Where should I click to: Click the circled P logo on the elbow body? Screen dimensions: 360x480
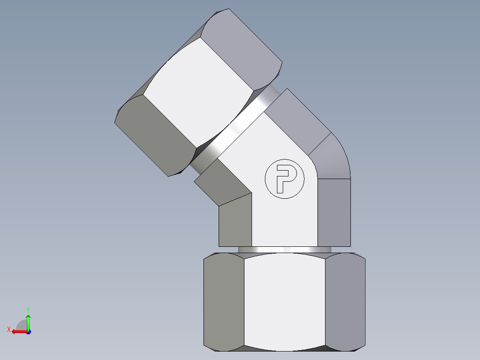click(284, 179)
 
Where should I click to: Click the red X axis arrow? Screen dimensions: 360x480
click(18, 331)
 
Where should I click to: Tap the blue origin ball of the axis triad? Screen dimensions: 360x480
click(28, 331)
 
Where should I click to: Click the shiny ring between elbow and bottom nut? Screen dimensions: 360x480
click(285, 250)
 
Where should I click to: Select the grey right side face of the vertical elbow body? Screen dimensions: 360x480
click(334, 212)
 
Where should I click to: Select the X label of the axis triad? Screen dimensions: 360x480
click(8, 329)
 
